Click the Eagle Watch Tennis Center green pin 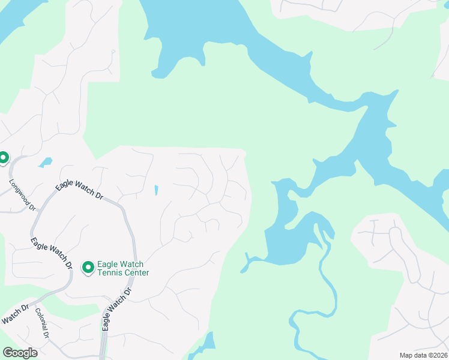[88, 267]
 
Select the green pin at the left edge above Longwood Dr [3, 158]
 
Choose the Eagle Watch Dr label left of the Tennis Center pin [52, 253]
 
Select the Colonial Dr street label [42, 323]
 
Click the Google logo [20, 353]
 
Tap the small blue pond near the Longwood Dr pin [45, 162]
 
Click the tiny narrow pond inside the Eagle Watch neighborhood [156, 190]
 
